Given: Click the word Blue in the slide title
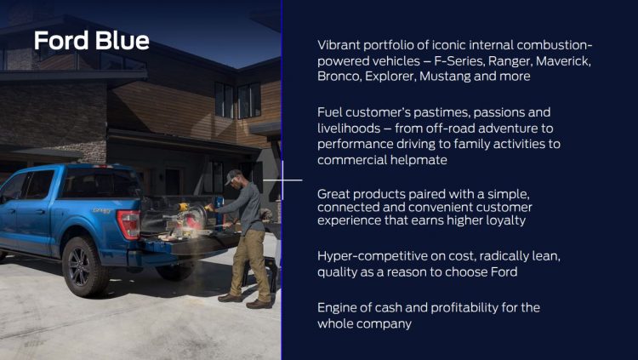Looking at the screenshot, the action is (122, 41).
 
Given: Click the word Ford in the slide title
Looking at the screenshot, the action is (61, 41).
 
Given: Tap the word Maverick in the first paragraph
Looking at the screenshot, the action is (563, 61).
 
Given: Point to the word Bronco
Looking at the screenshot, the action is (339, 76).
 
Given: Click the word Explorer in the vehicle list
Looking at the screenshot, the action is (390, 76).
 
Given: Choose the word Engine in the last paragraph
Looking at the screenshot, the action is (337, 307).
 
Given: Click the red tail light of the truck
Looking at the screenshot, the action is (128, 224).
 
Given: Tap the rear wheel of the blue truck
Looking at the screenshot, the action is (84, 266).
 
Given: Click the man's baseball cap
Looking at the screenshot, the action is (232, 177).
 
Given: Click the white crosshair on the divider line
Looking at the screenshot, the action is (282, 180).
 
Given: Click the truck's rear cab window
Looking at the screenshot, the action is (100, 183).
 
